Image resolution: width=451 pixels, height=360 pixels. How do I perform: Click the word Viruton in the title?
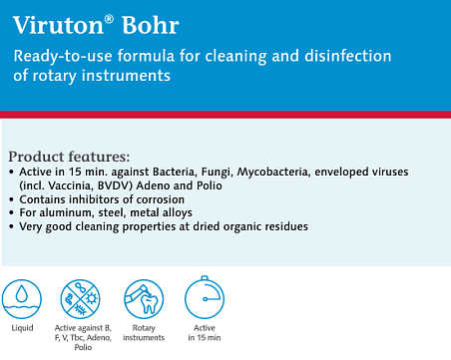[59, 25]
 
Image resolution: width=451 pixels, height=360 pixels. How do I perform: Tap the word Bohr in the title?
[151, 25]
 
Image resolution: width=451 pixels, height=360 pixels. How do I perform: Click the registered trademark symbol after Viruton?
[109, 19]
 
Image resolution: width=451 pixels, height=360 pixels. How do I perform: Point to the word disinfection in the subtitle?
[348, 56]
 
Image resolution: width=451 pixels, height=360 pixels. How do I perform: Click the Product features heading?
[69, 157]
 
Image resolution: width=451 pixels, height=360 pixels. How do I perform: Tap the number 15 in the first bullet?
[75, 172]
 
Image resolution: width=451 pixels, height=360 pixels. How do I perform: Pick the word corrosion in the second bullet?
[161, 199]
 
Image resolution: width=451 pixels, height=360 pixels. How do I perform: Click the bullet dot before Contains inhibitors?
[12, 199]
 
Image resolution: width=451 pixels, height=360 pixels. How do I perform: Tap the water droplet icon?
[22, 299]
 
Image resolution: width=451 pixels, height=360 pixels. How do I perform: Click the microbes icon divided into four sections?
[81, 299]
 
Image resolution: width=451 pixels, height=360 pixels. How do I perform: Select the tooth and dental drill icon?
[144, 299]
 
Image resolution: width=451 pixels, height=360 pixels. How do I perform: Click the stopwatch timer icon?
[205, 297]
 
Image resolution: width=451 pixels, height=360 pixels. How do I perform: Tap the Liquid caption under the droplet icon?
[22, 328]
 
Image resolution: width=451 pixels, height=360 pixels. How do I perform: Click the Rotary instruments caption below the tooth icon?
[144, 333]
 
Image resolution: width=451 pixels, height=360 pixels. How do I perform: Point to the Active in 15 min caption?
[205, 333]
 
